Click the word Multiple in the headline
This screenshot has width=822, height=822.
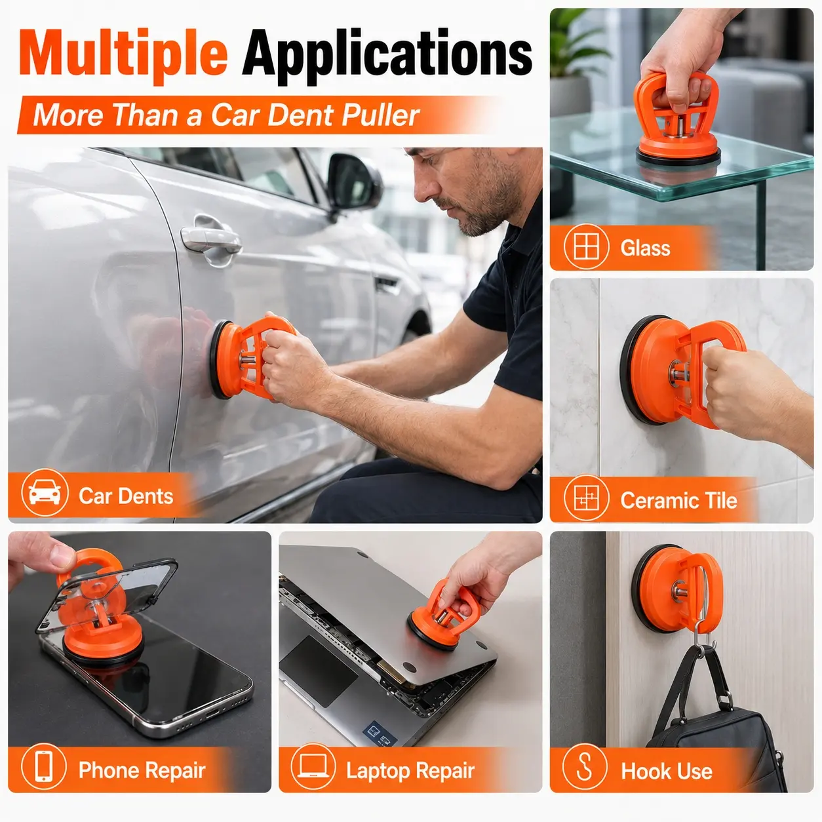click(123, 56)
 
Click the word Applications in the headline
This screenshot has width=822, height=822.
click(387, 57)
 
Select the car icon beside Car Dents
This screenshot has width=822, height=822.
click(45, 492)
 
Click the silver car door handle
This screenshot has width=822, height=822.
click(210, 239)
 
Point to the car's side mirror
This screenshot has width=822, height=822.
click(354, 182)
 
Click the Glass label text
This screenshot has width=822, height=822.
click(645, 248)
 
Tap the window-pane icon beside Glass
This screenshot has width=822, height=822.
click(586, 246)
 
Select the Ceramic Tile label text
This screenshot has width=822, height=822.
click(678, 500)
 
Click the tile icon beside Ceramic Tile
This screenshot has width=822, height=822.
click(586, 498)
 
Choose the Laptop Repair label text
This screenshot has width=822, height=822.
click(410, 770)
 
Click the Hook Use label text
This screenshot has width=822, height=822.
click(666, 772)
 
